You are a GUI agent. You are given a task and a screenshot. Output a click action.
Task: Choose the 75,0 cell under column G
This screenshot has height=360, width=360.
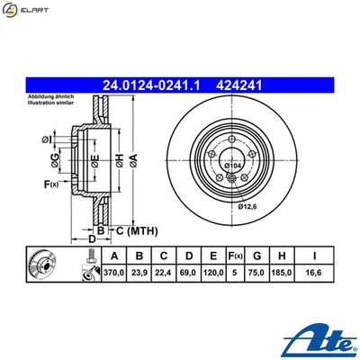coord(260,272)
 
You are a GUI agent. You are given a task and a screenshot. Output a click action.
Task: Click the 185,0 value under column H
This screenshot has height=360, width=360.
coord(288,272)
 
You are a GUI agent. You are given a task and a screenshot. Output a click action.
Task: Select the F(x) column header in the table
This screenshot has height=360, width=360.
coord(237,255)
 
